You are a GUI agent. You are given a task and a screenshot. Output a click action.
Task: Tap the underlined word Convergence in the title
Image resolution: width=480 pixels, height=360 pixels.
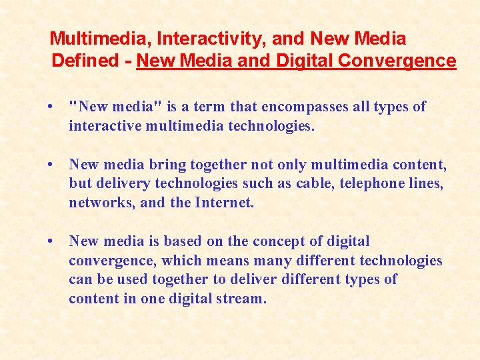click(397, 61)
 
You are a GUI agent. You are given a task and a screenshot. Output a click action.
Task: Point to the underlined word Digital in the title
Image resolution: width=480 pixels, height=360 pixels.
click(303, 61)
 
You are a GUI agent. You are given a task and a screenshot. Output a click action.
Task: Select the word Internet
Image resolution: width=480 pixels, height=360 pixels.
click(224, 203)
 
